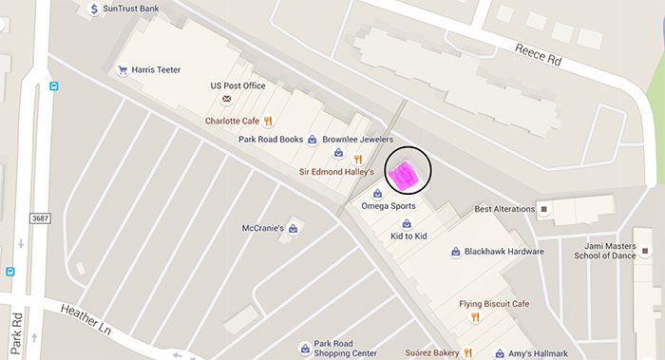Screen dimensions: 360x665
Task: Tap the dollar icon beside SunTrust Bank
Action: [x=93, y=9]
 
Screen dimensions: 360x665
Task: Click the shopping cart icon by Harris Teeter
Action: [x=123, y=69]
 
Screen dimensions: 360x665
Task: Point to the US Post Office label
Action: [x=237, y=85]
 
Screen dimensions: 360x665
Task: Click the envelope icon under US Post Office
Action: [x=226, y=99]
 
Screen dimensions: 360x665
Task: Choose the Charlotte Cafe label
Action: [x=232, y=121]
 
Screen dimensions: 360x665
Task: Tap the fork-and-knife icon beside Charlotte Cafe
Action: [x=269, y=121]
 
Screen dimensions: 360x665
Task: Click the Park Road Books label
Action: [x=271, y=140]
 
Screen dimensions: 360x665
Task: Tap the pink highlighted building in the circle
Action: [x=405, y=176]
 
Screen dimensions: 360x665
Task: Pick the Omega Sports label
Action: [x=389, y=205]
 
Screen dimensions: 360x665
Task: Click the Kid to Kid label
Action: [x=409, y=235]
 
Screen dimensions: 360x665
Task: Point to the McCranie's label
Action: [x=263, y=228]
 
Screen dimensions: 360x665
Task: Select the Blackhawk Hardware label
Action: [x=503, y=252]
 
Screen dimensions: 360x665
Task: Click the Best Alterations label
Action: [x=504, y=209]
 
